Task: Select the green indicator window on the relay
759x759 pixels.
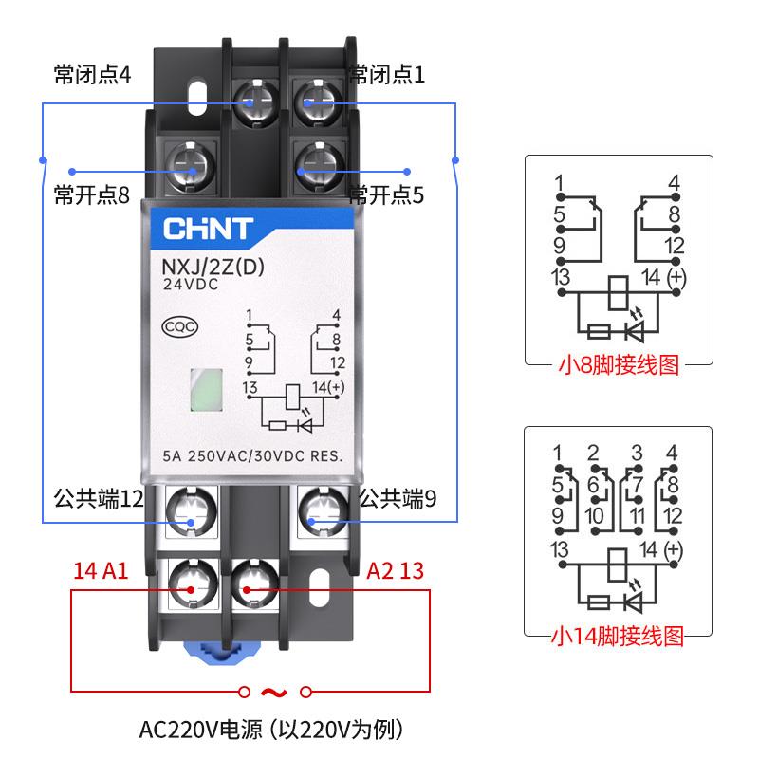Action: coord(205,390)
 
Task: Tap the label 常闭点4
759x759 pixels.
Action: coord(92,74)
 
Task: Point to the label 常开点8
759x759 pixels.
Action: coord(91,195)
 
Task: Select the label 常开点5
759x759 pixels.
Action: coord(386,195)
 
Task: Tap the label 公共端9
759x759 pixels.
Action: coord(398,498)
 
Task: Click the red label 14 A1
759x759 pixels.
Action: coord(101,570)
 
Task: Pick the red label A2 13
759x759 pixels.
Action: coord(396,570)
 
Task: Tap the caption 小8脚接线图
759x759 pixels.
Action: coord(618,365)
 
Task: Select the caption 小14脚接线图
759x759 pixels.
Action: coord(618,635)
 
